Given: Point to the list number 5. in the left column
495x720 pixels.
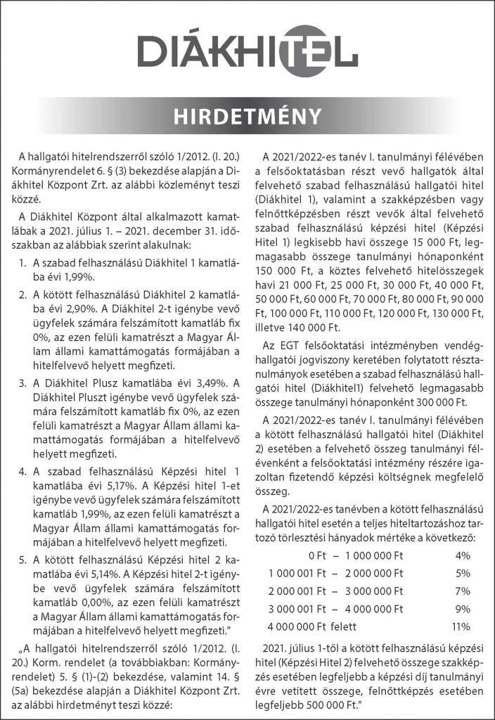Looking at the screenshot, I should pyautogui.click(x=25, y=559).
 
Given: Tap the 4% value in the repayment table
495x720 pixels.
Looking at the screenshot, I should pyautogui.click(x=463, y=555).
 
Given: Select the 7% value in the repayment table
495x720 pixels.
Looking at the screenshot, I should pyautogui.click(x=463, y=590).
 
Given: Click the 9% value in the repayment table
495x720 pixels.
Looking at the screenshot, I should pyautogui.click(x=463, y=607).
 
